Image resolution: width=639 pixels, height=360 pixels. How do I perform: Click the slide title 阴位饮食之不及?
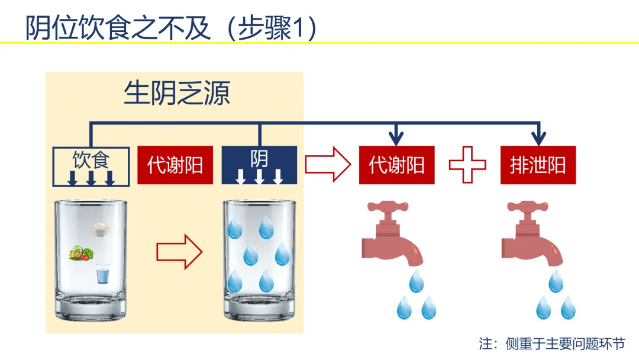click(x=118, y=28)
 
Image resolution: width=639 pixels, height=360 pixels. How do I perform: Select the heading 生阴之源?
click(x=177, y=93)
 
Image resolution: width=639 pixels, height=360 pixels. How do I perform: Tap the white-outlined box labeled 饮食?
click(x=91, y=167)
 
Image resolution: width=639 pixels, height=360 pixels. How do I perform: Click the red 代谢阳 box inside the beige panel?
click(x=175, y=165)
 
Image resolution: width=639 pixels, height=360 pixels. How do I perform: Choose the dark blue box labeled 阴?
click(x=259, y=165)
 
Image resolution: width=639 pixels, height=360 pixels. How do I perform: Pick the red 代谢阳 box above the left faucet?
click(x=396, y=165)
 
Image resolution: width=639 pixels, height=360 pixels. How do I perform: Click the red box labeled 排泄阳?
click(x=538, y=165)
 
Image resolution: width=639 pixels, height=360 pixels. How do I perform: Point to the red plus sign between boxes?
click(x=467, y=165)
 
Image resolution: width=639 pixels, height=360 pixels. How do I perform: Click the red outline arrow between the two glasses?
click(x=179, y=252)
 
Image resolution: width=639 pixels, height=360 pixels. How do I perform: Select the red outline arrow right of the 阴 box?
click(x=328, y=164)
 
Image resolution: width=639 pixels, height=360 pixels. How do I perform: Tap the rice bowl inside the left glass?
click(x=101, y=230)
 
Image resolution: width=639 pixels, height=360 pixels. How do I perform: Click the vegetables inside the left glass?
click(x=82, y=253)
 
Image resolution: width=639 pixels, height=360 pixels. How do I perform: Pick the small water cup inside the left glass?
click(x=103, y=274)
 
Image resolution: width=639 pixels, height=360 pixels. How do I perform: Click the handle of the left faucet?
click(x=388, y=206)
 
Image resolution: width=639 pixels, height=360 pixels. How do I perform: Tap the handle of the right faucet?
click(x=527, y=206)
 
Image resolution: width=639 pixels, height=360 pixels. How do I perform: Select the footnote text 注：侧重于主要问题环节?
click(x=552, y=343)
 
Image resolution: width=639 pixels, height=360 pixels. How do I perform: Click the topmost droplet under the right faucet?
click(x=556, y=281)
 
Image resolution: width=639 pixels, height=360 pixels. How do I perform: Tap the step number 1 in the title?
click(x=298, y=28)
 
